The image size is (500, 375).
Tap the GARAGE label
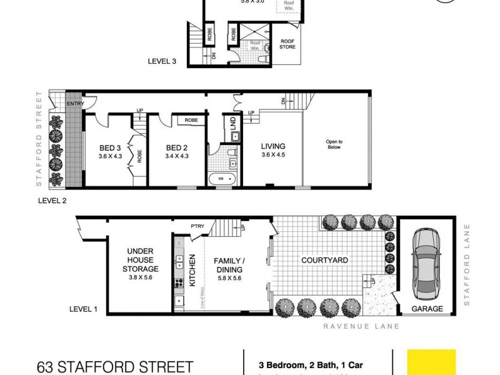(427, 309)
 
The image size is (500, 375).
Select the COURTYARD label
(324, 260)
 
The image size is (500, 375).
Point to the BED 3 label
(110, 148)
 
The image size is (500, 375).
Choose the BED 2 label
(177, 148)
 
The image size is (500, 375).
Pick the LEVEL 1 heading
(84, 309)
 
